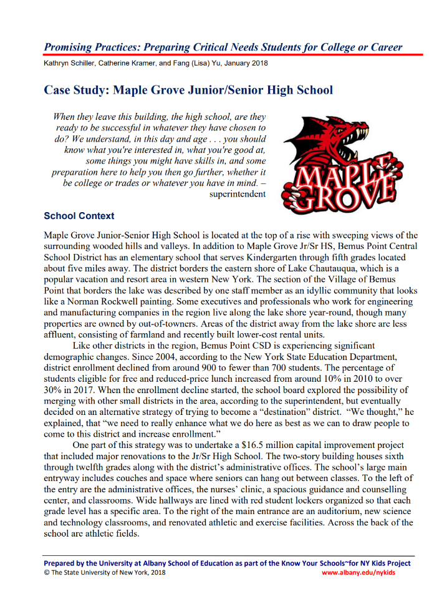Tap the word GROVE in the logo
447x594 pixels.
point(340,193)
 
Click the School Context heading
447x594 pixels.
point(79,216)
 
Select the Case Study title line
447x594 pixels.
point(188,90)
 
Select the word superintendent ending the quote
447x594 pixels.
point(239,194)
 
